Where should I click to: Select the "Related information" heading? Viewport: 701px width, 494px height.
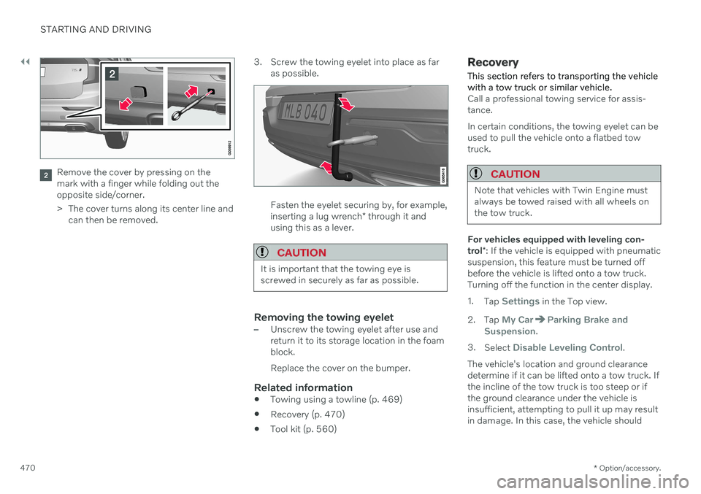pos(302,387)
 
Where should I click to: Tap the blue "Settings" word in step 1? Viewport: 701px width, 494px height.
pos(520,301)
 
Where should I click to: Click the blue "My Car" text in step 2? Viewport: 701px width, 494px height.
pos(517,320)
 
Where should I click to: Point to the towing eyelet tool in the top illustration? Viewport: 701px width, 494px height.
pos(191,107)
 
